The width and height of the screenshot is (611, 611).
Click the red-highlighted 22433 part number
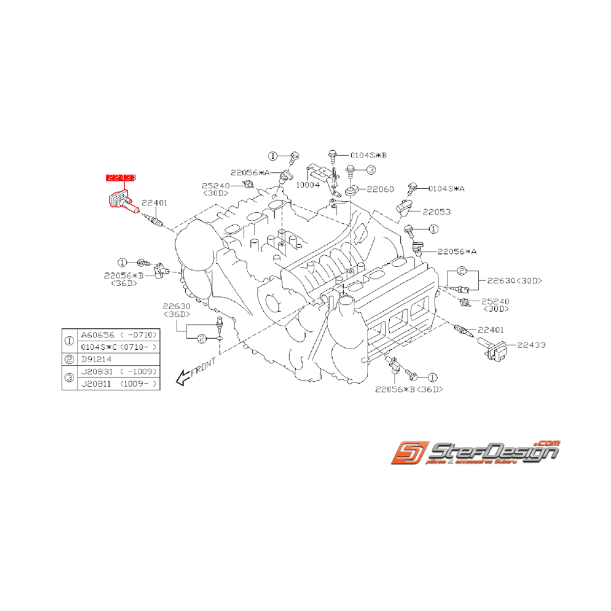tap(121, 178)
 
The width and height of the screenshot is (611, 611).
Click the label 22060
tap(380, 189)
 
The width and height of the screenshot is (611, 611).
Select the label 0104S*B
tap(368, 155)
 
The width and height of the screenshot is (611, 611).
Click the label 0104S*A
tap(446, 188)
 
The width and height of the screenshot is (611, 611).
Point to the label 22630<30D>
tap(514, 281)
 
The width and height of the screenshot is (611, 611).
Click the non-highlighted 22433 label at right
tap(532, 344)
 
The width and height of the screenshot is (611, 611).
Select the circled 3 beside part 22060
tap(371, 170)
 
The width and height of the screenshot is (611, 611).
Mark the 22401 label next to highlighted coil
tap(154, 203)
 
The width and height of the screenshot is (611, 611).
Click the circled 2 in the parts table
tap(70, 359)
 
